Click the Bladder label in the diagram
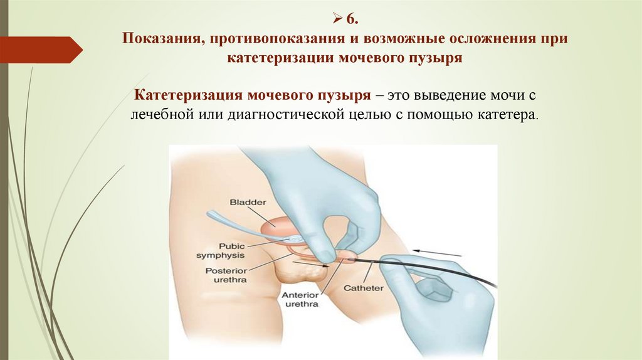pyautogui.click(x=248, y=203)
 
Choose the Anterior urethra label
pyautogui.click(x=300, y=299)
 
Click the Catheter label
pyautogui.click(x=363, y=289)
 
